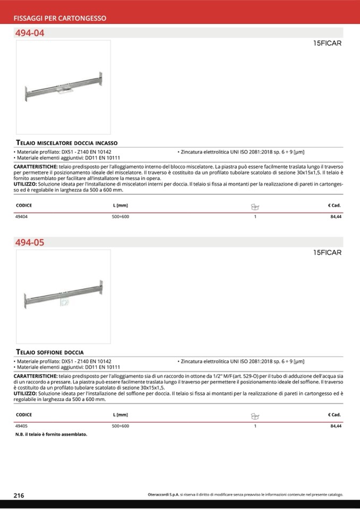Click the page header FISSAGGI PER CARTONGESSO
[59, 18]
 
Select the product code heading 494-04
[30, 33]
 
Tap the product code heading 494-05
[30, 243]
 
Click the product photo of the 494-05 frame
[63, 297]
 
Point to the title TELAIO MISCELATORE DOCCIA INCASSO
[67, 143]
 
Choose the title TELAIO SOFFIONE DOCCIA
[50, 352]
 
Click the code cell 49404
[22, 217]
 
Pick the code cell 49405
[22, 426]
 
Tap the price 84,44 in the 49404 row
[336, 217]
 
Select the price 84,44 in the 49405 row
[336, 426]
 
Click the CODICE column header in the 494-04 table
[24, 205]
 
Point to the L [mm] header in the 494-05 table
[121, 415]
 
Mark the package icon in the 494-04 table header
[255, 206]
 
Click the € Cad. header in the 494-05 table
[334, 415]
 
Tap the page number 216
[19, 495]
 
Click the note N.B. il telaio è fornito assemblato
[52, 434]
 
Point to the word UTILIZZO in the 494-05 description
[25, 393]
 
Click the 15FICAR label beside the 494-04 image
[327, 44]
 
